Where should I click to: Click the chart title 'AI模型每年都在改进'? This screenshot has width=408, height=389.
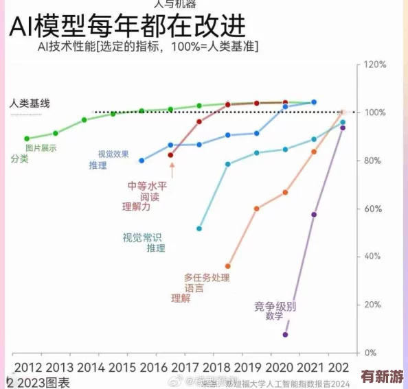click(127, 28)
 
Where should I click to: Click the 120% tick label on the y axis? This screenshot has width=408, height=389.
click(375, 64)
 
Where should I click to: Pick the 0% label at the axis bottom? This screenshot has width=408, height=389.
click(371, 353)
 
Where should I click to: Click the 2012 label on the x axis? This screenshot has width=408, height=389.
click(28, 367)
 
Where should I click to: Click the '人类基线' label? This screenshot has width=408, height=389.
click(30, 104)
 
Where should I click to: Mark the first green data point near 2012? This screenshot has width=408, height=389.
click(27, 139)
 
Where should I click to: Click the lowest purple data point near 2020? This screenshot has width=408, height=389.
click(285, 335)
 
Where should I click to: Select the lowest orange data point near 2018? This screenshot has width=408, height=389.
click(228, 266)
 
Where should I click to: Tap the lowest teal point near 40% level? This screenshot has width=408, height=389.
click(199, 228)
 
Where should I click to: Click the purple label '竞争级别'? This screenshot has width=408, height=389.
click(275, 306)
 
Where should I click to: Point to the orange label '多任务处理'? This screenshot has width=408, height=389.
click(207, 278)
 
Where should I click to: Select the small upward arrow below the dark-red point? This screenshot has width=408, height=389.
click(172, 169)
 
